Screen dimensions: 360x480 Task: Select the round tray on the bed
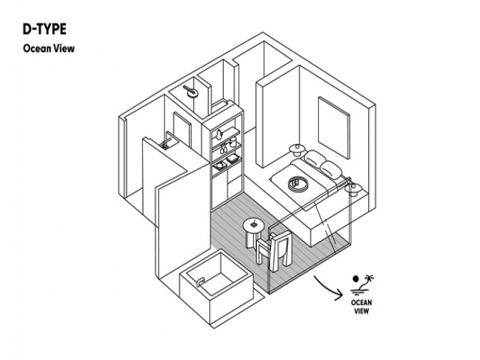298,184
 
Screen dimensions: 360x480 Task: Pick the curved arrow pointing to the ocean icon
328,285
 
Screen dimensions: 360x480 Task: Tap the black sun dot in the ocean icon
357,278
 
